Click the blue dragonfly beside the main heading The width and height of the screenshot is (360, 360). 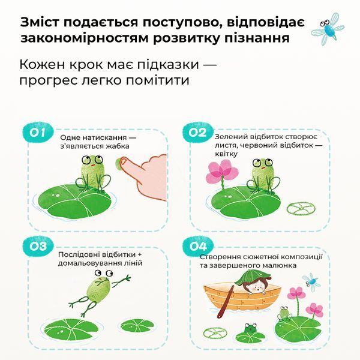pyautogui.click(x=328, y=28)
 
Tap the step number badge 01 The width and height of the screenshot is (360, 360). pyautogui.click(x=37, y=133)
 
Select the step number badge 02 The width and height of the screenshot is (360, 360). pyautogui.click(x=197, y=133)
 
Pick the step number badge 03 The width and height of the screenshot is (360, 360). pyautogui.click(x=38, y=247)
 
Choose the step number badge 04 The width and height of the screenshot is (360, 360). pyautogui.click(x=198, y=247)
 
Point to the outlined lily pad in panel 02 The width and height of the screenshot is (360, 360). pyautogui.click(x=301, y=209)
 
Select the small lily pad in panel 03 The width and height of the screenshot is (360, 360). pyautogui.click(x=137, y=326)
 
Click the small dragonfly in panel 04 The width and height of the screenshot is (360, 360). pyautogui.click(x=311, y=282)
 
